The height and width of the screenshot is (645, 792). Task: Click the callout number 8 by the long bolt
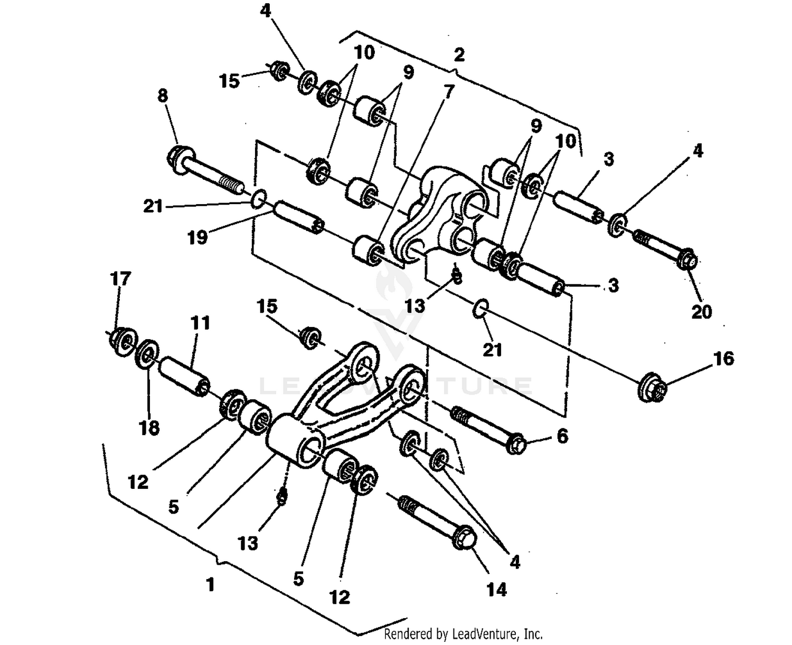[x=163, y=95]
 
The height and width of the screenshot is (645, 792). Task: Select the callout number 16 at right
[x=723, y=359]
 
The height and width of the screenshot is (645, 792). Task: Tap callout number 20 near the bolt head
[x=702, y=312]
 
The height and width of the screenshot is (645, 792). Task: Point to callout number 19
[x=197, y=237]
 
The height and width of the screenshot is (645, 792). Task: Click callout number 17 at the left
[x=120, y=278]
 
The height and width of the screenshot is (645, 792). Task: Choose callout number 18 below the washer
[x=149, y=427]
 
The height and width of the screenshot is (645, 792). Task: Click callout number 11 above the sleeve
[x=200, y=322]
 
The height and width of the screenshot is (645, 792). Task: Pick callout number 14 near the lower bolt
[x=496, y=589]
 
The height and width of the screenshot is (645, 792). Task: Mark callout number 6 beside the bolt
[x=562, y=436]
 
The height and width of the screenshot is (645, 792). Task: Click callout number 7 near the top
[x=449, y=92]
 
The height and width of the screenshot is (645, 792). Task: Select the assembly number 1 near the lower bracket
[x=210, y=584]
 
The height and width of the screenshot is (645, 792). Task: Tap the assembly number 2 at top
[x=459, y=54]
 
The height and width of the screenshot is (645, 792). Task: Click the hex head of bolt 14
[x=465, y=538]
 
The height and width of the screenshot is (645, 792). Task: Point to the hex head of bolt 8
[x=178, y=157]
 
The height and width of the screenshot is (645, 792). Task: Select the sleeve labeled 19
[x=299, y=217]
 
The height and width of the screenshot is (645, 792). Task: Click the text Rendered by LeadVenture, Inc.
[x=463, y=633]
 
